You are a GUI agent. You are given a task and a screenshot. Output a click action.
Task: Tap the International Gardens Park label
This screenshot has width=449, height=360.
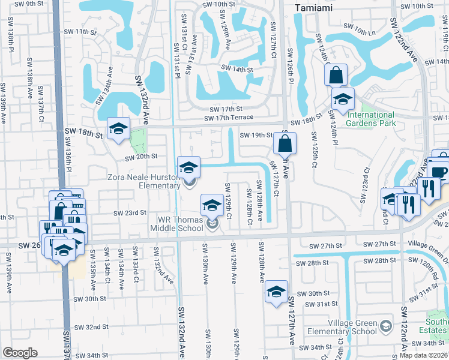[x=371, y=119]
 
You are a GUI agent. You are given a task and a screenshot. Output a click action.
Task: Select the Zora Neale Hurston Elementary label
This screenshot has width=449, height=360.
[x=143, y=182]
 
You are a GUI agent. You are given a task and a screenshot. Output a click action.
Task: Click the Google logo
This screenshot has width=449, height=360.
[x=20, y=353]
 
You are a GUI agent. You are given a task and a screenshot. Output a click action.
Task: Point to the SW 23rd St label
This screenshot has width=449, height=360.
[x=130, y=212]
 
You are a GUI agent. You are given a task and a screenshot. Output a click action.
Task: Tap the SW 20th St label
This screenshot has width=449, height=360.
[x=141, y=157]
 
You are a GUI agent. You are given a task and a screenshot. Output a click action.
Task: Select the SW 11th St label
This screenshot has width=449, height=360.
[x=80, y=31]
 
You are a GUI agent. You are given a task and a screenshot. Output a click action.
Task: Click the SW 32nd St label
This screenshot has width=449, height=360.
[x=92, y=327]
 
